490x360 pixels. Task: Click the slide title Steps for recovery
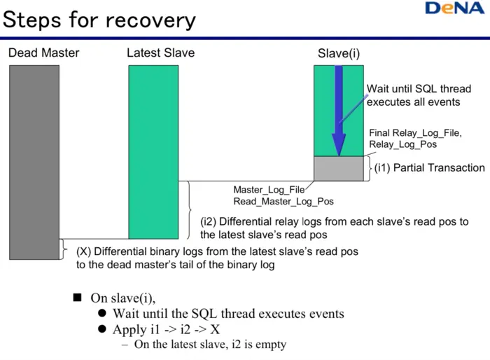99,19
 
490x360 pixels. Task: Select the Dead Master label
43,53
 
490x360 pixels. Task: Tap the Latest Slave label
160,53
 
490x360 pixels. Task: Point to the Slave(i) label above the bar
339,53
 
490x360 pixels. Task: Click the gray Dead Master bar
34,161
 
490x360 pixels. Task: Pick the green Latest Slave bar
153,151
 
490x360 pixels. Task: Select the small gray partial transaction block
339,168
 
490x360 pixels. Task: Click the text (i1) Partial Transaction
429,167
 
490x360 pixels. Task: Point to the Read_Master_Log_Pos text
283,201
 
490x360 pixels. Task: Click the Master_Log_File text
269,190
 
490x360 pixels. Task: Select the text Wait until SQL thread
419,89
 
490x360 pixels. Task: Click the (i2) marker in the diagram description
209,221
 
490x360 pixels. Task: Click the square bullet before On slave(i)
78,297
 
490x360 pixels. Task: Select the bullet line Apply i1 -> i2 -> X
167,329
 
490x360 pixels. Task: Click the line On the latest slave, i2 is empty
210,345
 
